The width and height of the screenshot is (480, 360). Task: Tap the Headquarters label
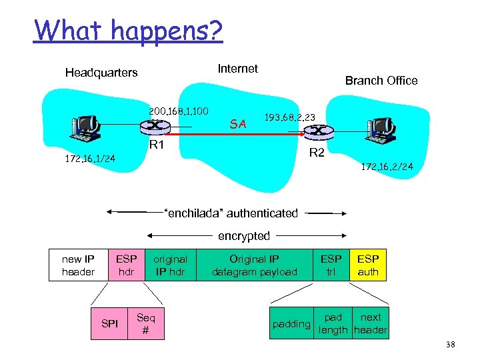point(101,73)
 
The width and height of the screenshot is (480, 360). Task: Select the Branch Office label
point(381,81)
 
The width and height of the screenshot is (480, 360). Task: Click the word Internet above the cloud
point(238,69)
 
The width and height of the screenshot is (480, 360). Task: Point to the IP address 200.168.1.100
point(179,111)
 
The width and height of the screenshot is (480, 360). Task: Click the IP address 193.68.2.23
point(290,117)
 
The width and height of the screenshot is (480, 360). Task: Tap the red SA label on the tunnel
point(237,124)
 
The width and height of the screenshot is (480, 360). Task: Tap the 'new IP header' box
point(78,265)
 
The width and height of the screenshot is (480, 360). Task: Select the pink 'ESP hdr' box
point(126,265)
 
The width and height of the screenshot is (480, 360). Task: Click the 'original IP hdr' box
point(170,265)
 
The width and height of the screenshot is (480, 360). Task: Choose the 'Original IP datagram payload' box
point(255,265)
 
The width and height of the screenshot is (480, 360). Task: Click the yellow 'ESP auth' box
point(368,265)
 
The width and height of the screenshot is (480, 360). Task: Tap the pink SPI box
point(109,323)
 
